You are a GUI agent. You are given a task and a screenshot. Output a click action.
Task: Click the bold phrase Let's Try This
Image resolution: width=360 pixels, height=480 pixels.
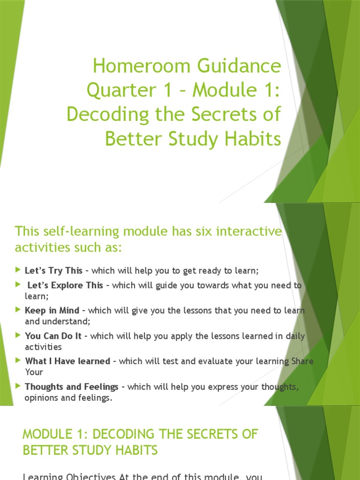[54, 270]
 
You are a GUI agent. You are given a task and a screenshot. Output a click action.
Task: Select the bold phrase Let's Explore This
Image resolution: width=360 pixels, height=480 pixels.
[65, 285]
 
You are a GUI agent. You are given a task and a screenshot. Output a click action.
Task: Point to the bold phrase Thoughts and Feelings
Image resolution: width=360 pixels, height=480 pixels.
[71, 387]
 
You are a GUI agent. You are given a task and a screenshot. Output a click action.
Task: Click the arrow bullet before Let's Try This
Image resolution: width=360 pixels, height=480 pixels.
[18, 270]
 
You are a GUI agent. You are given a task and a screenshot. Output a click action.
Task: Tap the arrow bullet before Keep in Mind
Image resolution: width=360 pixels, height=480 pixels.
[18, 310]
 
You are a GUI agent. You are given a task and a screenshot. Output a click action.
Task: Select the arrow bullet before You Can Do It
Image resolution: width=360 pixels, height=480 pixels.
[18, 335]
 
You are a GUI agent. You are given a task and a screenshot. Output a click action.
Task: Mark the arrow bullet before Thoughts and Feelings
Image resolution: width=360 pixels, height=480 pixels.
[18, 386]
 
